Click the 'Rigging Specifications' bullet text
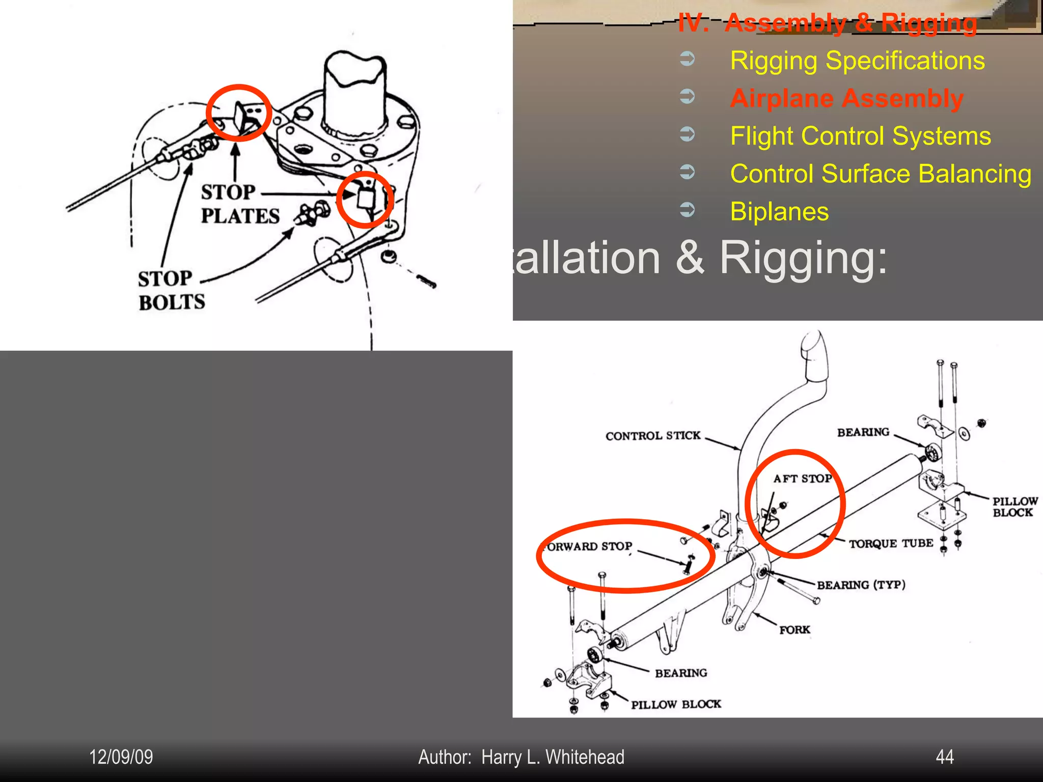click(x=857, y=61)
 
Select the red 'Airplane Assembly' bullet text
click(x=846, y=98)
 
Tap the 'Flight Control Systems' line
click(x=860, y=136)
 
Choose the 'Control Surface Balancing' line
click(x=881, y=174)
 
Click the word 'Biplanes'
click(x=779, y=211)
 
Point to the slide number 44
click(x=945, y=757)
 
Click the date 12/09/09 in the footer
click(x=121, y=757)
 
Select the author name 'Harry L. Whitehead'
click(x=553, y=757)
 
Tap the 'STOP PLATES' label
click(x=239, y=204)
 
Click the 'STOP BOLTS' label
click(x=171, y=290)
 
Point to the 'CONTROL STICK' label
click(x=653, y=436)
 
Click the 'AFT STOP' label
click(x=802, y=479)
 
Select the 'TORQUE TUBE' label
click(x=891, y=544)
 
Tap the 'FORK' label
click(x=794, y=630)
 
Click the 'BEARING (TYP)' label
click(x=861, y=585)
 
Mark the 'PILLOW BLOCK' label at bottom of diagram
click(x=676, y=705)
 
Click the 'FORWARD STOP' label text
click(x=589, y=547)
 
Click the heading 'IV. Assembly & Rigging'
click(x=828, y=23)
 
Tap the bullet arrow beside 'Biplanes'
click(x=687, y=209)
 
